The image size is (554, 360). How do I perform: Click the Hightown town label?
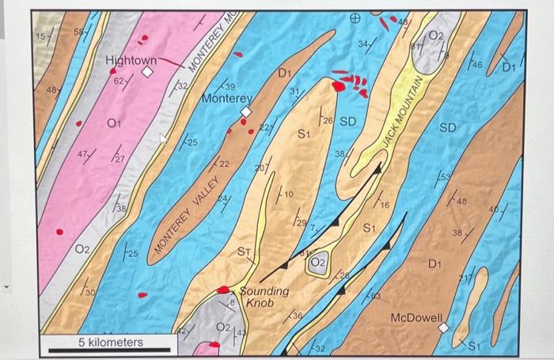point(131,60)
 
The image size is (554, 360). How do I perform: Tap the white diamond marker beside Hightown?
point(147,73)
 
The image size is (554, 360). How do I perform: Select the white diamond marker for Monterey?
point(246,112)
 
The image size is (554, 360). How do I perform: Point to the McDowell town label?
point(416,317)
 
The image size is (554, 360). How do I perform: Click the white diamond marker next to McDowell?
point(444,326)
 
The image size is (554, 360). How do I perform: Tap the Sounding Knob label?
point(264,297)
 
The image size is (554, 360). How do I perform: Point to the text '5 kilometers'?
point(110,341)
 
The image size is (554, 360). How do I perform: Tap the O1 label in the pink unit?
point(113,123)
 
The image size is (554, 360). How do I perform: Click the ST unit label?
point(245,252)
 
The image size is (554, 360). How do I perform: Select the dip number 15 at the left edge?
point(40,36)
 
